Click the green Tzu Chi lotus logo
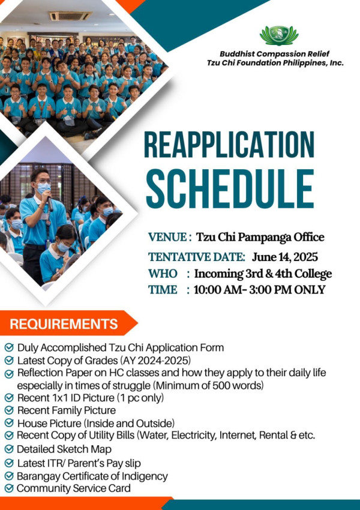tap(279, 35)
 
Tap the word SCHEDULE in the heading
tap(230, 189)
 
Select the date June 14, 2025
tap(284, 257)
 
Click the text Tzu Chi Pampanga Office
tap(260, 238)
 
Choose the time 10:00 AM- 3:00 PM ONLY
tap(260, 289)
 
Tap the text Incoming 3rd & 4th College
tap(263, 274)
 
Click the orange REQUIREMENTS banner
tap(68, 323)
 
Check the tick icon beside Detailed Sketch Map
tap(9, 449)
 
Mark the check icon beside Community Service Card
tap(9, 488)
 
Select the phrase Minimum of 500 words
tap(208, 386)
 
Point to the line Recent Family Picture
tap(67, 410)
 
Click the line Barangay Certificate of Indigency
tap(92, 476)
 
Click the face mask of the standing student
tap(44, 188)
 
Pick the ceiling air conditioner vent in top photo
tap(71, 16)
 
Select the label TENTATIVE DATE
tap(197, 257)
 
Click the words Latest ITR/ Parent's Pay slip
tap(79, 463)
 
